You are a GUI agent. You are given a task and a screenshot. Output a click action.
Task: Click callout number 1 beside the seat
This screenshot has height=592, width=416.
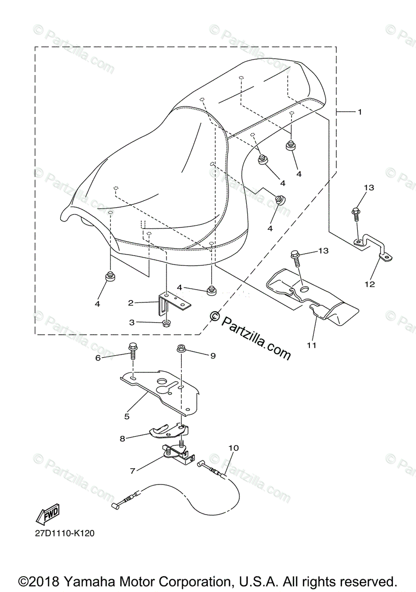point(360,112)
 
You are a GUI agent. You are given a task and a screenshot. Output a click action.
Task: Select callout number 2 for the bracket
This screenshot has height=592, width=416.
point(131,302)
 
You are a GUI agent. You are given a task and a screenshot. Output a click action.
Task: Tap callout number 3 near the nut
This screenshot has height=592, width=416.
point(132,322)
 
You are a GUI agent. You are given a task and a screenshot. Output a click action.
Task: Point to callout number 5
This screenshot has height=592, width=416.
point(127,416)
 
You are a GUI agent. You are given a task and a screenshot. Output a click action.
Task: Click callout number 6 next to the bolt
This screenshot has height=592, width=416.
point(98,358)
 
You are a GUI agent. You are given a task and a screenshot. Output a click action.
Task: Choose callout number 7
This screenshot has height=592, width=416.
point(132,471)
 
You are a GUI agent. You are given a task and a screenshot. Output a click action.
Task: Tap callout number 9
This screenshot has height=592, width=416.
point(213,355)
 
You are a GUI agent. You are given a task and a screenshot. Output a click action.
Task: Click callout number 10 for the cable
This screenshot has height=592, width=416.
point(233,448)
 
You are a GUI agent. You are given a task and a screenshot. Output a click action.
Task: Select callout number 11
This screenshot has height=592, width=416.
point(311,345)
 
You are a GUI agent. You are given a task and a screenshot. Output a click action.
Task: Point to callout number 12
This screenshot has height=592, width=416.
point(370,284)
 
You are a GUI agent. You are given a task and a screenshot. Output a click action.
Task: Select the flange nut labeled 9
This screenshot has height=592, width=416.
point(182,350)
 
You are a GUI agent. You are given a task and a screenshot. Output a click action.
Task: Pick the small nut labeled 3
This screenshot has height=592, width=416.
point(166,324)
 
